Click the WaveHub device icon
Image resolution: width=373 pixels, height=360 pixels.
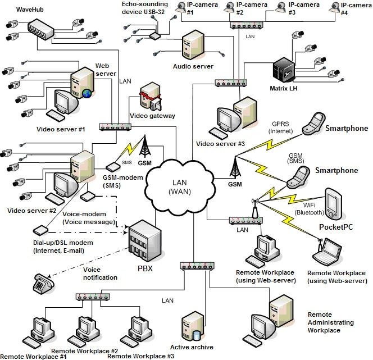(43, 28)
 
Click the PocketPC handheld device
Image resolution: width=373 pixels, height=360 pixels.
(333, 204)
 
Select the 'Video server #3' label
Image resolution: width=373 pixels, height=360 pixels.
(220, 144)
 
